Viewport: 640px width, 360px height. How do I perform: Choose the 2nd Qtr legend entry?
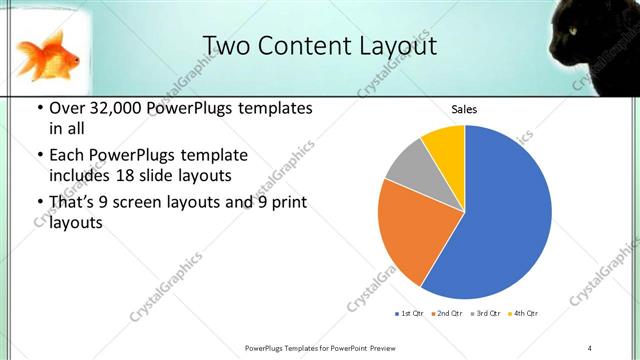(x=446, y=315)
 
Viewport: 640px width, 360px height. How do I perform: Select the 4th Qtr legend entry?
(x=522, y=315)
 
